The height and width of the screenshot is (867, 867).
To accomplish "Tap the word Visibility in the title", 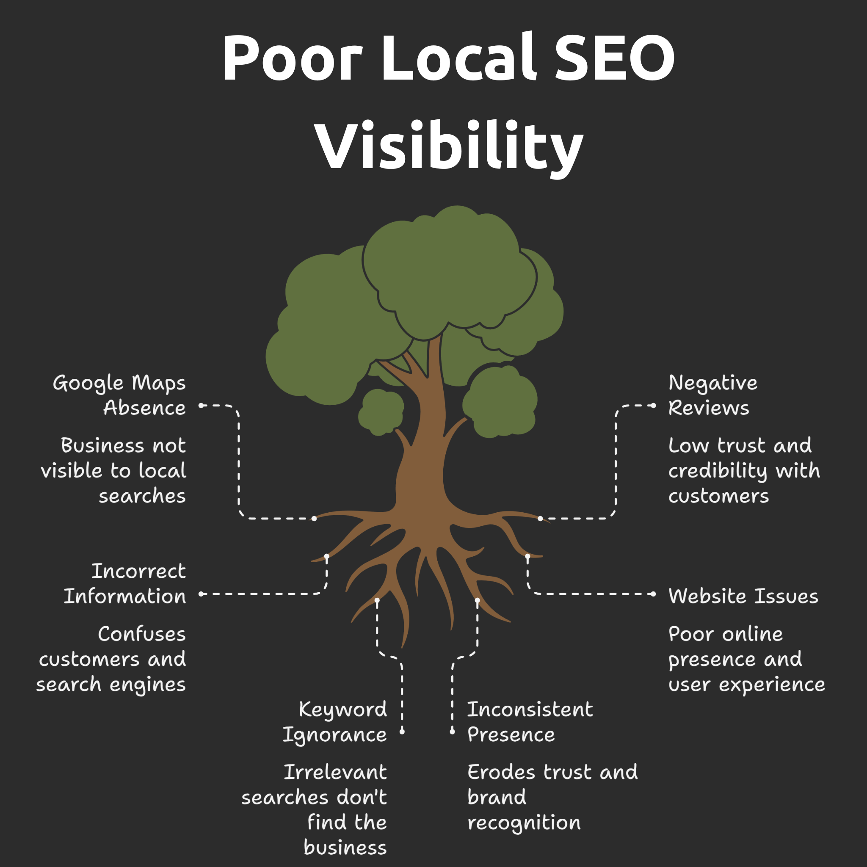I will (x=448, y=146).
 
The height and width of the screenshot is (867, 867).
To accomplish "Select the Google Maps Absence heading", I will (x=119, y=395).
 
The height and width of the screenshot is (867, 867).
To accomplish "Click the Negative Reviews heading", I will (x=712, y=395).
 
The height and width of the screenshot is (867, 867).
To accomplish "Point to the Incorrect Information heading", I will (x=125, y=583).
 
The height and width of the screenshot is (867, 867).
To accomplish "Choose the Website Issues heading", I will (x=743, y=596).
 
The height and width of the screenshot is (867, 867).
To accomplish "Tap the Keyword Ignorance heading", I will (x=335, y=722).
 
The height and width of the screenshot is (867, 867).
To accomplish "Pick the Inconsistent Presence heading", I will (x=530, y=722).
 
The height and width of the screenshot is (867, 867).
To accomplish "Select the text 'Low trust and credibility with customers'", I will (x=743, y=470).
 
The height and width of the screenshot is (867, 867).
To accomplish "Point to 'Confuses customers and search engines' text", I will (x=112, y=659).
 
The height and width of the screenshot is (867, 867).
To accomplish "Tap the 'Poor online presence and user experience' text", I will (x=746, y=659).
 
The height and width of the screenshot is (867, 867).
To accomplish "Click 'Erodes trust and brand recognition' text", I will (x=552, y=797).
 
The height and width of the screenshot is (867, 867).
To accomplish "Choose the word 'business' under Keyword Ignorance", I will (x=345, y=847).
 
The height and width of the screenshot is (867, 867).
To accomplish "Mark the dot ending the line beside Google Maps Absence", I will (x=202, y=406).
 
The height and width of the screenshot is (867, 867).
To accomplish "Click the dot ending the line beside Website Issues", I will (x=653, y=594).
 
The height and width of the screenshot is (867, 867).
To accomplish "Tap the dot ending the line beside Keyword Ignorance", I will (x=402, y=732).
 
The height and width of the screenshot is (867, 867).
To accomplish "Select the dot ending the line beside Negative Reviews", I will (x=653, y=406).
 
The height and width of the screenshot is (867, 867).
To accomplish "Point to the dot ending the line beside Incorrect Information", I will (x=202, y=594).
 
